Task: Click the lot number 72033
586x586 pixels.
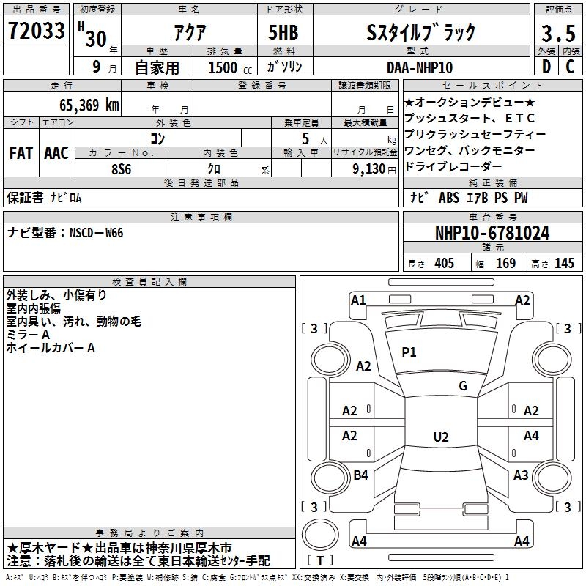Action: [x=36, y=31]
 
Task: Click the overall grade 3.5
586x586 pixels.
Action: [x=558, y=33]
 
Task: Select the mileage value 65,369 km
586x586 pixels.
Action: [x=89, y=105]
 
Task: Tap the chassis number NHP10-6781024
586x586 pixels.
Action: [x=492, y=233]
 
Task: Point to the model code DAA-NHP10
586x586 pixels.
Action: [x=419, y=67]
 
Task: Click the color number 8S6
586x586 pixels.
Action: [x=122, y=169]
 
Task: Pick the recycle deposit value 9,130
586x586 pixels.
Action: [x=369, y=169]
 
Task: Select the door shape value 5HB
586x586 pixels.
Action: [x=283, y=32]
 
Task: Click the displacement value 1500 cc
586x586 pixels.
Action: [x=230, y=67]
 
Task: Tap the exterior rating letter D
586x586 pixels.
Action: [x=546, y=67]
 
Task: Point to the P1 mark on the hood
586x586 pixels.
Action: [x=409, y=352]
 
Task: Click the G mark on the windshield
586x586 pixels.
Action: [x=463, y=385]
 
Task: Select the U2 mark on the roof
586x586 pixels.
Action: [x=441, y=437]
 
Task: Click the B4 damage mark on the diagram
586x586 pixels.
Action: [x=360, y=475]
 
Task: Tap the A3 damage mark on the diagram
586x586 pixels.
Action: [x=521, y=475]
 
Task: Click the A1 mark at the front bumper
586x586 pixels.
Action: [x=358, y=300]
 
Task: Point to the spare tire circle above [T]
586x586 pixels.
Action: [x=320, y=535]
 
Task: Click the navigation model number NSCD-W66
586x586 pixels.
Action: [x=97, y=233]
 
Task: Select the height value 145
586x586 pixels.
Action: [x=564, y=263]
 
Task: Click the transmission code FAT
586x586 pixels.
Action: [x=21, y=153]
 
